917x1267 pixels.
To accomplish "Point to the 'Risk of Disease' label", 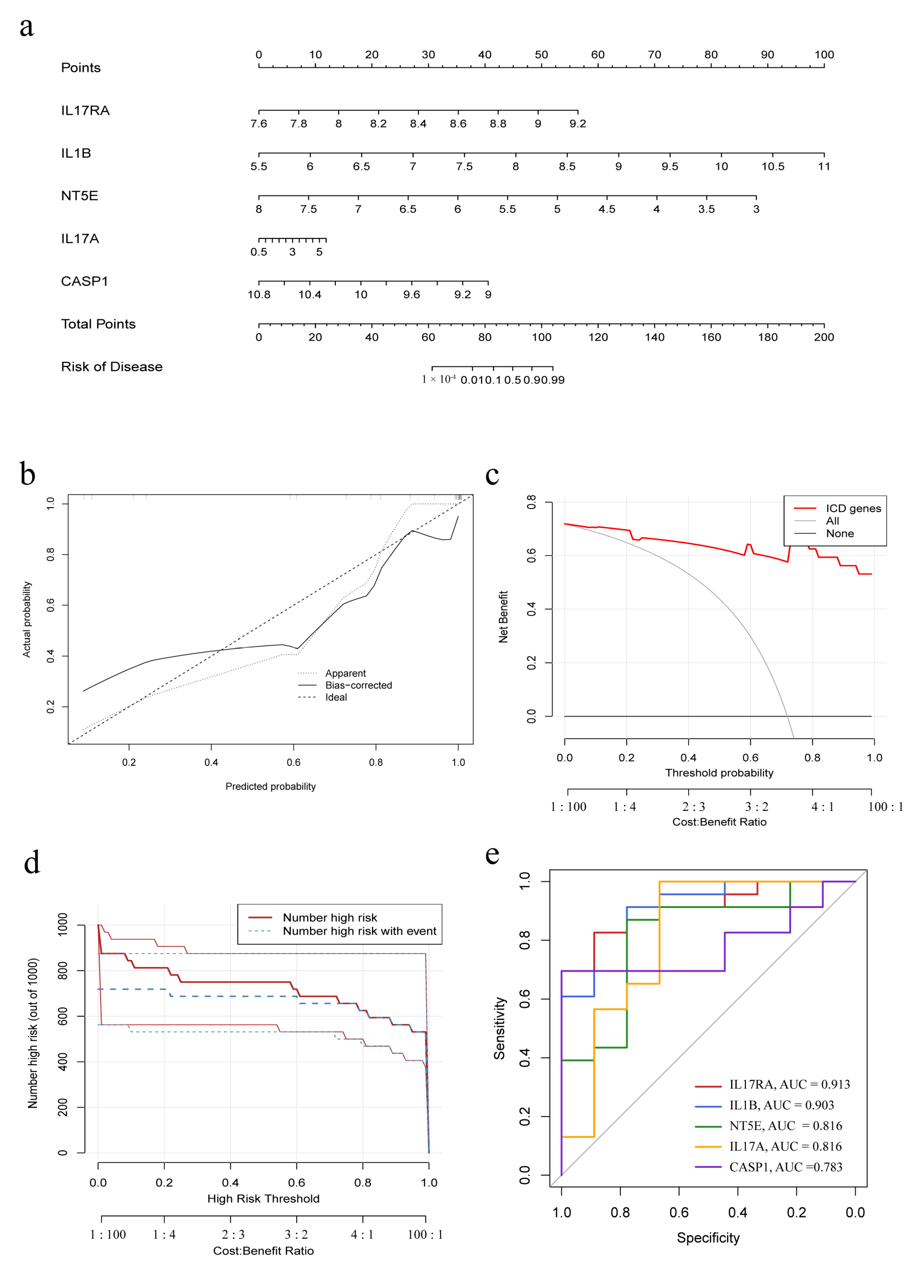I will coord(112,367).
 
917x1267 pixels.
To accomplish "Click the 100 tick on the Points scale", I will coord(824,55).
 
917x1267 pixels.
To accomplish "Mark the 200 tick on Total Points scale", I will coord(824,337).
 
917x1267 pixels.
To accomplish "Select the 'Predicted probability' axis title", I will coord(270,787).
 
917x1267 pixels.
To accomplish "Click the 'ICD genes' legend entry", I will coord(853,508).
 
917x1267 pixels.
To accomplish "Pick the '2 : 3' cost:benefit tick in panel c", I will coord(693,807).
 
